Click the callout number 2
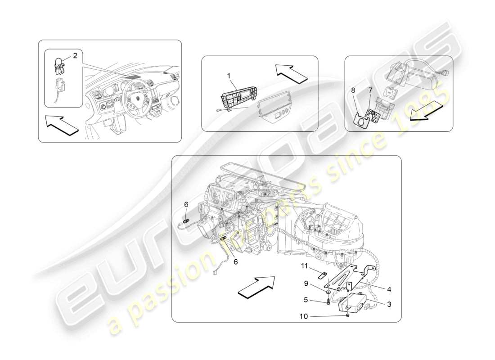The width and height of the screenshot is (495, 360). coord(75,56)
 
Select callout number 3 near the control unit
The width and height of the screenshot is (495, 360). coord(389,304)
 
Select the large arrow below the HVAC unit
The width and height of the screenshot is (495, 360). coord(256,287)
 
